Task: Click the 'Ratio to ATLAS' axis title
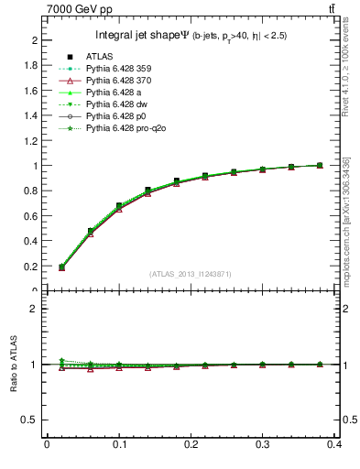14,365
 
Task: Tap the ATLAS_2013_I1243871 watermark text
189,275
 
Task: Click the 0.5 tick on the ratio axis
33,420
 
